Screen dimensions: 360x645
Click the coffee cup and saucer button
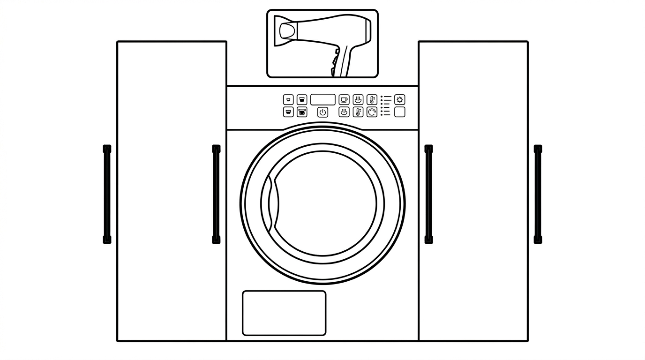pyautogui.click(x=344, y=100)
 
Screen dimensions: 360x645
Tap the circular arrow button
pyautogui.click(x=372, y=112)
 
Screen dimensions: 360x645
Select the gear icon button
pyautogui.click(x=399, y=100)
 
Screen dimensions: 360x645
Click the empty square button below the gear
pyautogui.click(x=399, y=112)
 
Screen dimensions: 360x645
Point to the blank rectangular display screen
pyautogui.click(x=322, y=100)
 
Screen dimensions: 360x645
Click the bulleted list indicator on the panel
pyautogui.click(x=386, y=105)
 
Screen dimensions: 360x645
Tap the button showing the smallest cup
pyautogui.click(x=288, y=100)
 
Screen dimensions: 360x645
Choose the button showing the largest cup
pyautogui.click(x=302, y=112)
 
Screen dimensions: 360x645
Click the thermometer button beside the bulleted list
pyautogui.click(x=372, y=100)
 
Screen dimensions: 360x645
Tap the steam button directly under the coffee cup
pyautogui.click(x=344, y=112)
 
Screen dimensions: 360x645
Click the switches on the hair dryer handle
pyautogui.click(x=335, y=59)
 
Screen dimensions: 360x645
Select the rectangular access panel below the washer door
pyautogui.click(x=284, y=313)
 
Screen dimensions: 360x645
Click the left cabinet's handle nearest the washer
pyautogui.click(x=216, y=194)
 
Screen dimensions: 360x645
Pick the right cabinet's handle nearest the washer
pyautogui.click(x=428, y=194)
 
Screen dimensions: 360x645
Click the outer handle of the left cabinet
pyautogui.click(x=107, y=194)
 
